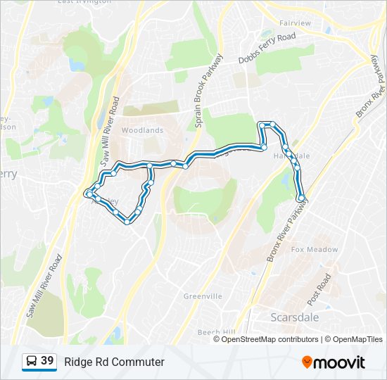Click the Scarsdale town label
[294, 317]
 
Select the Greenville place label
[203, 296]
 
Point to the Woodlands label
[142, 130]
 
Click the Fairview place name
[295, 23]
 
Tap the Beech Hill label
[216, 331]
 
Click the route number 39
[47, 361]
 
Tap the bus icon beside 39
[31, 362]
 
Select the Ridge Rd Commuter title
[114, 362]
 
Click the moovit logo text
[339, 362]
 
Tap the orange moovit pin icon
[307, 362]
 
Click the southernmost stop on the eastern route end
[301, 199]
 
